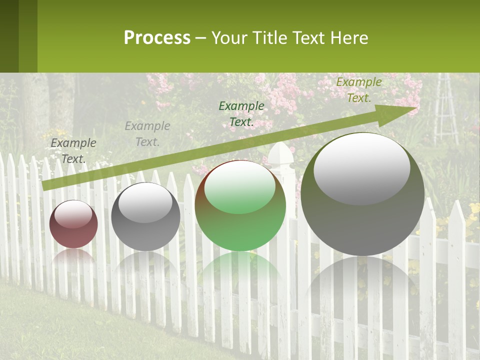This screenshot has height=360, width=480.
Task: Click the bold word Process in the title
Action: coord(157,37)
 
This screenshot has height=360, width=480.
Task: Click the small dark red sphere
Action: coord(73,224)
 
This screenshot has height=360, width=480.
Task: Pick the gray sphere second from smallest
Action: coord(145,216)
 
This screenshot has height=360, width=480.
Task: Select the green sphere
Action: coord(240,205)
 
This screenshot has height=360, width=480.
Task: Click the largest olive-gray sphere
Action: coord(362,194)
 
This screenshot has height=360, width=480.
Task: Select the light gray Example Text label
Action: coord(147,134)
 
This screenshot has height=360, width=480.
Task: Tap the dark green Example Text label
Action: coord(241,113)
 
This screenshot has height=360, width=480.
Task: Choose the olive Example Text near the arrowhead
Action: coord(358,90)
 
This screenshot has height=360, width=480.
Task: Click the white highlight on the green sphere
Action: coord(240,187)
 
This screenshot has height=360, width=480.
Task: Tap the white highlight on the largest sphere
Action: coord(362,167)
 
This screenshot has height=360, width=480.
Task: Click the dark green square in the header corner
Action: coord(9,36)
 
